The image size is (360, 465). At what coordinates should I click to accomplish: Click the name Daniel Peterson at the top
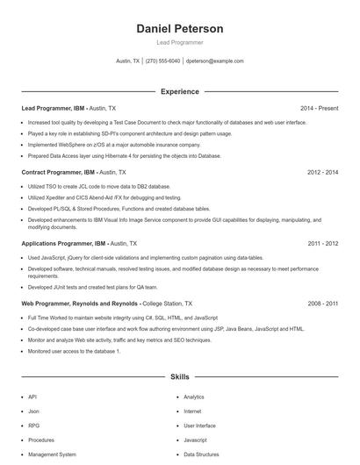[179, 28]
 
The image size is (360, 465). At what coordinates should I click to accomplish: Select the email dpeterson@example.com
[214, 61]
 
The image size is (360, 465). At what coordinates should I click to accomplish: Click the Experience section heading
[179, 91]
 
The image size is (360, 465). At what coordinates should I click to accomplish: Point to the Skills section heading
[179, 376]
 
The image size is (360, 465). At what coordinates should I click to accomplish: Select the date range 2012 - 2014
[322, 173]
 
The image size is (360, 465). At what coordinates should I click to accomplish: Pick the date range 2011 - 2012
[322, 243]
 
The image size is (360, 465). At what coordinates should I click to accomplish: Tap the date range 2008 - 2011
[322, 303]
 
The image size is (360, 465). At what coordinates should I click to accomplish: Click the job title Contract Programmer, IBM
[59, 173]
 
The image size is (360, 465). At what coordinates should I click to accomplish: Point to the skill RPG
[33, 426]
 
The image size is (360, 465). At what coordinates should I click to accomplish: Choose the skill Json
[33, 411]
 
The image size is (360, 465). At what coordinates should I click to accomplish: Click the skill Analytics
[193, 397]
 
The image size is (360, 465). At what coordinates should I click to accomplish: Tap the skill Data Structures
[201, 454]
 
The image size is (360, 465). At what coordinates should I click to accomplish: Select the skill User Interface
[199, 426]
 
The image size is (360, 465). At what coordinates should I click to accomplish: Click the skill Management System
[52, 454]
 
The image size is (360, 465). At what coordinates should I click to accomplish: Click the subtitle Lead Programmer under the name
[179, 42]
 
